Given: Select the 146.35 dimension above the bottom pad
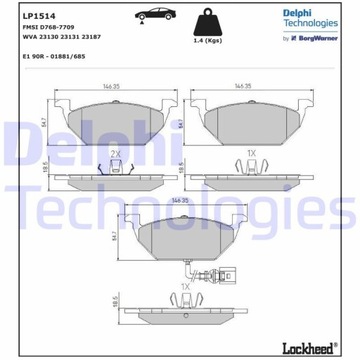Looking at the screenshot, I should coord(181,201).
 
